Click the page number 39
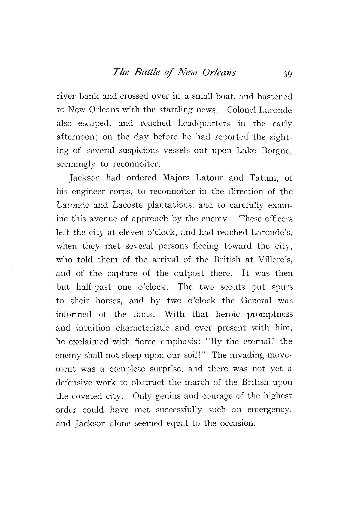pos(287,74)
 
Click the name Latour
pos(209,178)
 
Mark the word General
pos(256,301)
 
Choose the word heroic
pos(228,314)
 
